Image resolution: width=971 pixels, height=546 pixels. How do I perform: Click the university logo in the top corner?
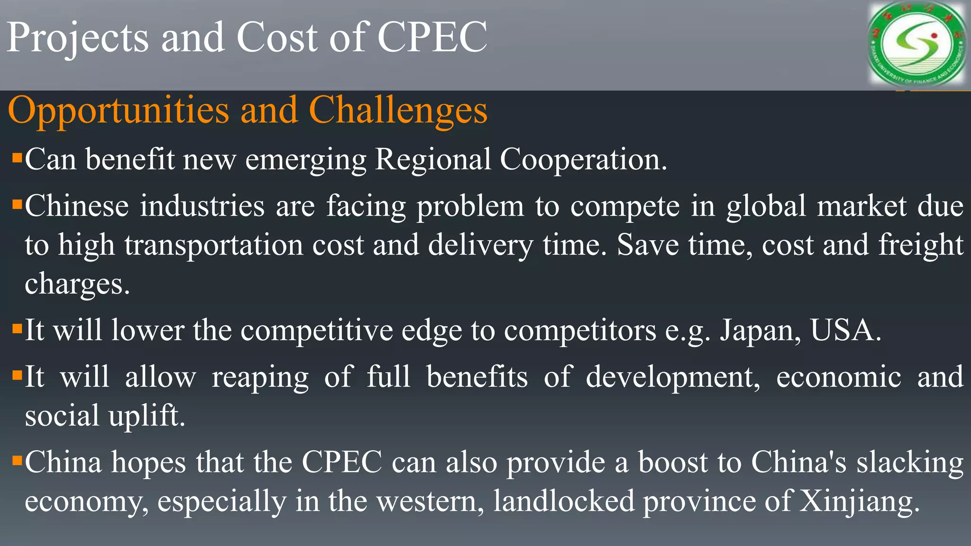click(x=916, y=45)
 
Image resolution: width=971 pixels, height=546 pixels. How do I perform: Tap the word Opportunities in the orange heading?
click(x=119, y=110)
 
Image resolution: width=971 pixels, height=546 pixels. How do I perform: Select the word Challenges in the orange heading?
click(x=398, y=110)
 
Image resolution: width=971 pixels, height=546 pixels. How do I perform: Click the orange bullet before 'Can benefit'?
click(x=18, y=157)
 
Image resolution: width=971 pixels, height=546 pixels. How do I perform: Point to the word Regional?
click(x=433, y=159)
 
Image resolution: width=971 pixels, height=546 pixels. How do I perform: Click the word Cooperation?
click(x=583, y=159)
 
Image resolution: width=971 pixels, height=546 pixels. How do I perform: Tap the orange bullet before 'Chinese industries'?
click(x=18, y=205)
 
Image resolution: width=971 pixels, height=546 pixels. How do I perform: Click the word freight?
click(x=921, y=245)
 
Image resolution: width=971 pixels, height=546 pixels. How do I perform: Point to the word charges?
click(x=77, y=284)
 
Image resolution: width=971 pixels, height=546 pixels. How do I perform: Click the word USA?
click(x=845, y=330)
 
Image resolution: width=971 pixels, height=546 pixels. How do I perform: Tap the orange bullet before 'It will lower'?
click(x=18, y=328)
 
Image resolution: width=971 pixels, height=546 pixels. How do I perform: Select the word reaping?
click(x=260, y=377)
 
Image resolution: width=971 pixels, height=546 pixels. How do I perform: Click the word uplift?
click(x=147, y=416)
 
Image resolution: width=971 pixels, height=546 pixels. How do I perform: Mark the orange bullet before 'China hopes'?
click(x=18, y=461)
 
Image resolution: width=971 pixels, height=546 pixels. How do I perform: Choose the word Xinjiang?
click(x=860, y=501)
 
